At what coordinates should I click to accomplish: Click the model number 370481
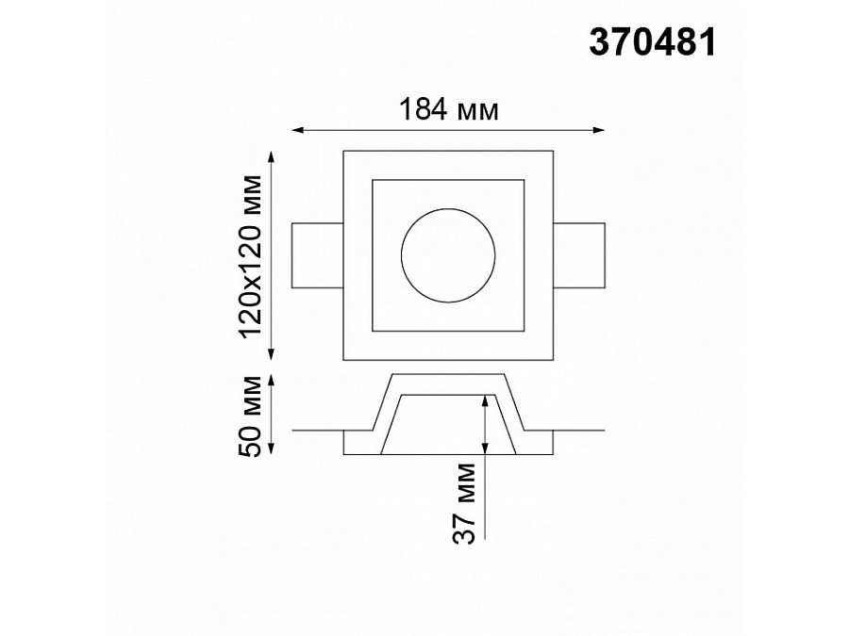pos(653,42)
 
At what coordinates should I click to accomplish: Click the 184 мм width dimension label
pos(448,110)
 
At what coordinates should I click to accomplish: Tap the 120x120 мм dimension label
pos(251,256)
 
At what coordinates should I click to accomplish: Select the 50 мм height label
pos(251,416)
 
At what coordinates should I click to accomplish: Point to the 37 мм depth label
pos(464,503)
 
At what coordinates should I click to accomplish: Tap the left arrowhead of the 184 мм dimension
pos(296,130)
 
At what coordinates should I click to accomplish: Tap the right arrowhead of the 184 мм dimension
pos(600,130)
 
